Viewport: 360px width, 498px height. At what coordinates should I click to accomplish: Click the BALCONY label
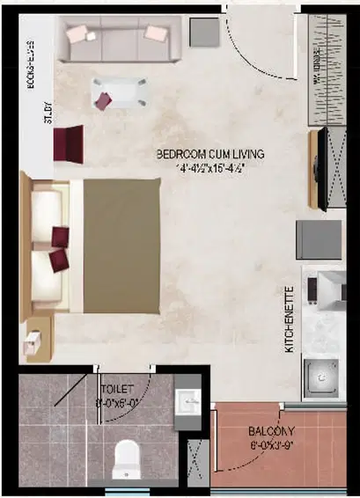pyautogui.click(x=272, y=431)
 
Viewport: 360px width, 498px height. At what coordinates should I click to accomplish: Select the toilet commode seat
pyautogui.click(x=128, y=458)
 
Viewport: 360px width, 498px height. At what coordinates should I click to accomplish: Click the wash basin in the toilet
pyautogui.click(x=187, y=405)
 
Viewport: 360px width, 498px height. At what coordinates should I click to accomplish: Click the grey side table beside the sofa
pyautogui.click(x=204, y=32)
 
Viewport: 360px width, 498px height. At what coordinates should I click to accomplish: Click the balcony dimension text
pyautogui.click(x=272, y=444)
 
